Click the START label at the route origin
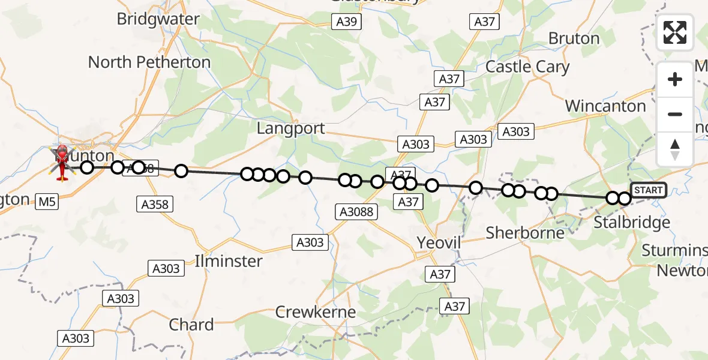click(x=649, y=190)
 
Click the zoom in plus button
click(x=675, y=79)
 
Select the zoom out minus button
click(x=675, y=114)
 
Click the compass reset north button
click(x=675, y=149)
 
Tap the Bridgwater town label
click(x=158, y=19)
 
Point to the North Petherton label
click(x=149, y=62)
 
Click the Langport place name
click(x=291, y=128)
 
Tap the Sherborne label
click(x=525, y=233)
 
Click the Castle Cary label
click(x=527, y=67)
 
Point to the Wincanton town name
click(x=605, y=106)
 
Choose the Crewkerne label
click(x=316, y=312)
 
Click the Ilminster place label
click(x=229, y=261)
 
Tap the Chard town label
click(x=191, y=325)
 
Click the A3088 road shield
click(x=356, y=211)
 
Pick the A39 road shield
click(x=346, y=22)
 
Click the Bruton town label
click(x=574, y=38)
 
